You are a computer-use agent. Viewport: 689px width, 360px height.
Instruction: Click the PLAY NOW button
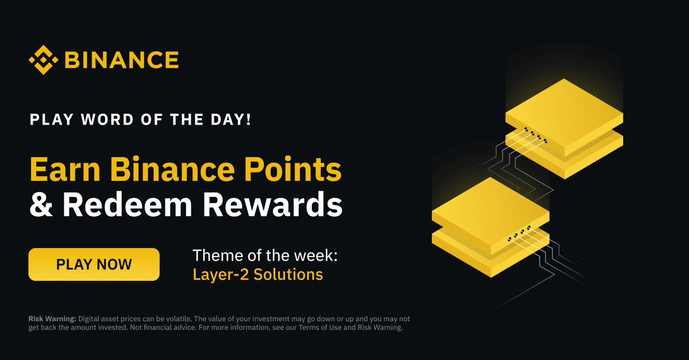click(94, 265)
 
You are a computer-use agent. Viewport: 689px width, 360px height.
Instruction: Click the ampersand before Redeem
click(41, 205)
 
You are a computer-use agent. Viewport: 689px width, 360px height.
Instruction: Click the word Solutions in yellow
click(288, 274)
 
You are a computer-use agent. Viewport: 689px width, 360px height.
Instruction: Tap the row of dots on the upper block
click(535, 137)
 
